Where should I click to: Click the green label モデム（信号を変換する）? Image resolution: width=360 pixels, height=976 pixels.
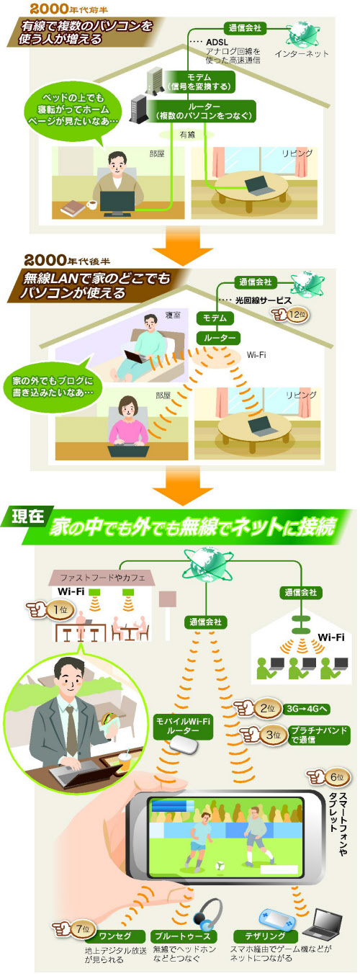click(x=200, y=82)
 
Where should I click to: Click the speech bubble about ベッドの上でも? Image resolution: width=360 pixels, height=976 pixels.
click(x=72, y=112)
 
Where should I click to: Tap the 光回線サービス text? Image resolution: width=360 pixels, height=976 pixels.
click(x=264, y=300)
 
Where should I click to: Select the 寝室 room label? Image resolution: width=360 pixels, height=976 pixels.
click(x=173, y=315)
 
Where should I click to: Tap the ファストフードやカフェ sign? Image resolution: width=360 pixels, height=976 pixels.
click(x=102, y=578)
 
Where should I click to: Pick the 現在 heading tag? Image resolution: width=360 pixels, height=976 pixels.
click(x=28, y=516)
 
